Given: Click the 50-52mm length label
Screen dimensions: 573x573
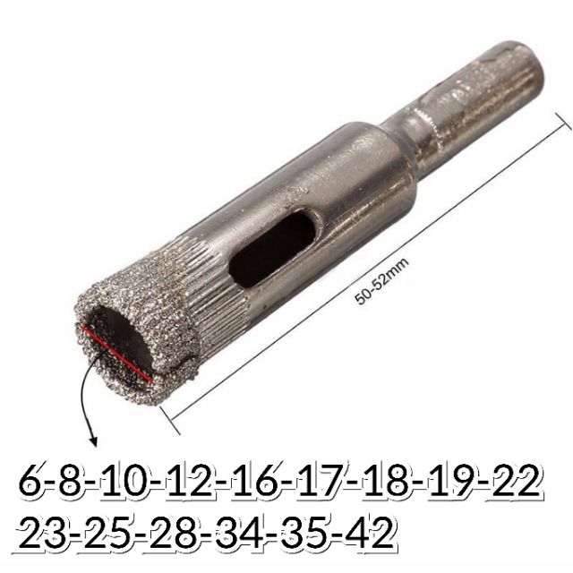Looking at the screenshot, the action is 381,280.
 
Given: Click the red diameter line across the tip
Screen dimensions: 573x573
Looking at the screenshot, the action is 117,355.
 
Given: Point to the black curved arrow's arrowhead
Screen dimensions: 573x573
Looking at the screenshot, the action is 93,440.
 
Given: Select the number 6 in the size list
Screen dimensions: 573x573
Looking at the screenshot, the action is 31,481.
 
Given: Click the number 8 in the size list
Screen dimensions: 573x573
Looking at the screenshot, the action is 73,481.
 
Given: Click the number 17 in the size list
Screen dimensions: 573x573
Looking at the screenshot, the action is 320,481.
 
